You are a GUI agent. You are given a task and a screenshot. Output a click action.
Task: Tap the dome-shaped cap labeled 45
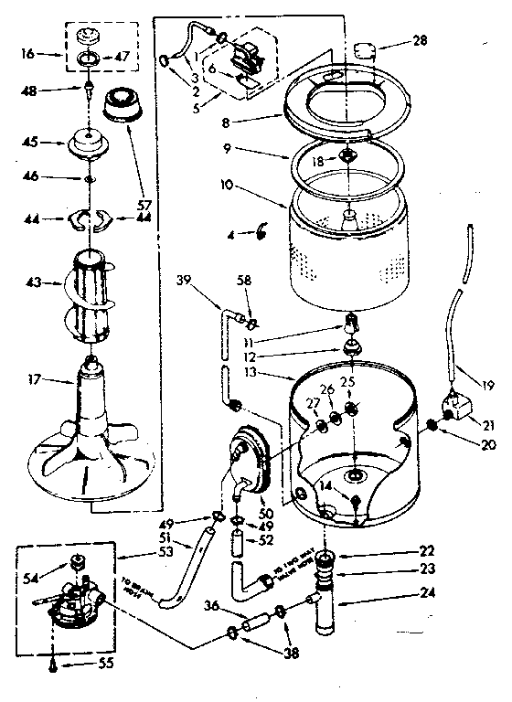pos(89,144)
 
